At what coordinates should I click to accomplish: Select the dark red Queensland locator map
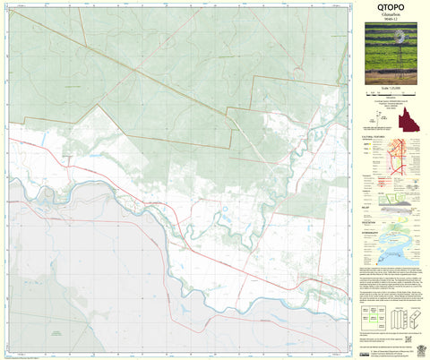412,122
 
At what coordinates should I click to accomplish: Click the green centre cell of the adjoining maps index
372,314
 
